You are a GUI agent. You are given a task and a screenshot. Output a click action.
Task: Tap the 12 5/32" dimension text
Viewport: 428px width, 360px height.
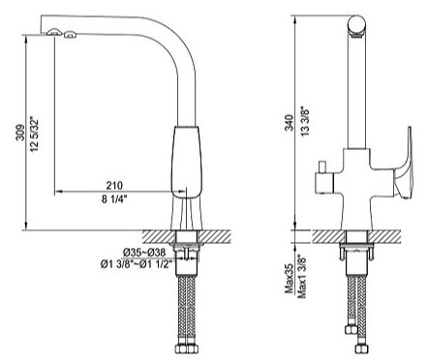pos(35,129)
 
